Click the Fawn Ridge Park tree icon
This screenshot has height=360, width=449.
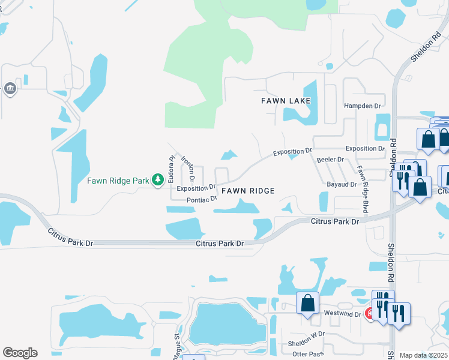(x=158, y=179)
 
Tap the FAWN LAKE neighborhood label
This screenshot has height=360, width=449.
(x=286, y=101)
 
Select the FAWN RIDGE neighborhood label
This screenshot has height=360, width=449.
(x=248, y=191)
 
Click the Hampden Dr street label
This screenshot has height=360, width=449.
(x=363, y=106)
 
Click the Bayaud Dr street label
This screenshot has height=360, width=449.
(x=342, y=184)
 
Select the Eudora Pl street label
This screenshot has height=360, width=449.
(x=171, y=168)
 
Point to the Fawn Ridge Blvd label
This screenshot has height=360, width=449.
(x=363, y=190)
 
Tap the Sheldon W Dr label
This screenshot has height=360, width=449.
(x=306, y=334)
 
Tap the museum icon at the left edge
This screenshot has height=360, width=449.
(x=10, y=89)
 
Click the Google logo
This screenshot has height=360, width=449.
(x=20, y=353)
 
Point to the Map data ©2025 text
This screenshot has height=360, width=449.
(x=423, y=355)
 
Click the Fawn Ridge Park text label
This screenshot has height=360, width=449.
(x=118, y=180)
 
